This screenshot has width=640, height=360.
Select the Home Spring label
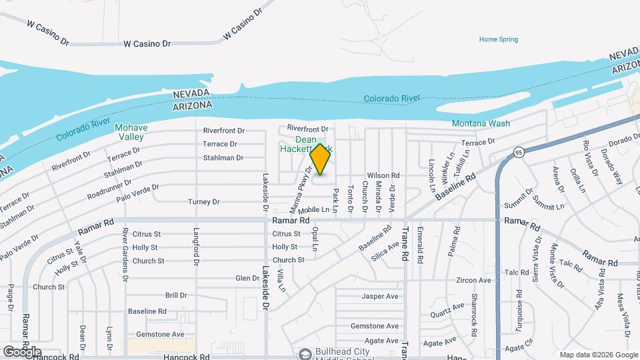pos(499,39)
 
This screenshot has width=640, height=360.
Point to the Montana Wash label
pos(481,123)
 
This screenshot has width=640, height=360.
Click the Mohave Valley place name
pos(131,132)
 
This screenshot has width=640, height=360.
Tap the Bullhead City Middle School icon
pos(305,353)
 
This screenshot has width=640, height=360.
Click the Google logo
pos(22,351)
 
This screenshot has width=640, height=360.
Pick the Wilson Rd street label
pos(381,175)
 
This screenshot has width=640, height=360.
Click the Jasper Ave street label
pos(380,296)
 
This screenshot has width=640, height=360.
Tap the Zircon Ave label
pos(474,281)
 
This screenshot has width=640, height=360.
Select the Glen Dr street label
pos(247,278)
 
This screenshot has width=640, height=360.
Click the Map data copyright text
pos(598,355)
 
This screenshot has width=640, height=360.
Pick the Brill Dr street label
pos(176,295)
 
